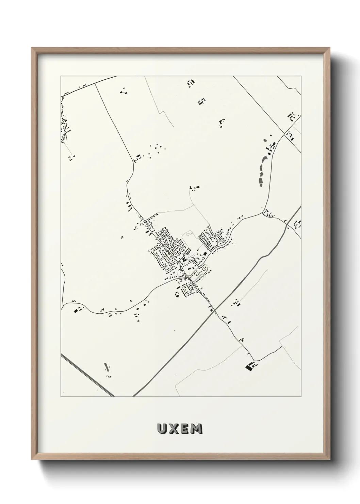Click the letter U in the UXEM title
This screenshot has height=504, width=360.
162,429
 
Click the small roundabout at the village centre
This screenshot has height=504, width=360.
190,277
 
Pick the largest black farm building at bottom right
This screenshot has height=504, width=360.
248,366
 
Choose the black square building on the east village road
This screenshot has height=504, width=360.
205,253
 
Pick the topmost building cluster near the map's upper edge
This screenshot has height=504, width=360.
191,83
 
